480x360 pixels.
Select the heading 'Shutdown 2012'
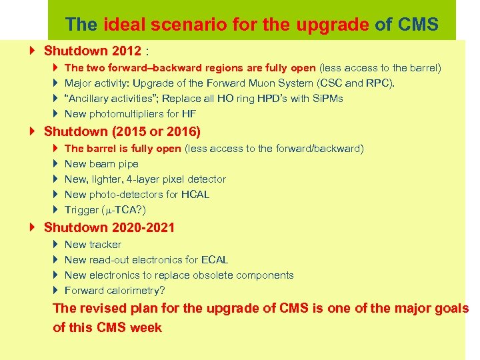pyautogui.click(x=92, y=51)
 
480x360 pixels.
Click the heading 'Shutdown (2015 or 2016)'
pyautogui.click(x=122, y=131)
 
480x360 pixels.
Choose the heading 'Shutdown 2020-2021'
pyautogui.click(x=109, y=227)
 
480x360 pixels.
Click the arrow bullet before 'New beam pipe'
pyautogui.click(x=55, y=164)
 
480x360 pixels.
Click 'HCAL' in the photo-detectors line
pyautogui.click(x=195, y=195)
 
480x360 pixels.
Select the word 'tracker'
pyautogui.click(x=105, y=245)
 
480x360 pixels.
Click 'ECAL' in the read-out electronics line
pyautogui.click(x=214, y=260)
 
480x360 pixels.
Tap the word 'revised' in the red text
pyautogui.click(x=102, y=308)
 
